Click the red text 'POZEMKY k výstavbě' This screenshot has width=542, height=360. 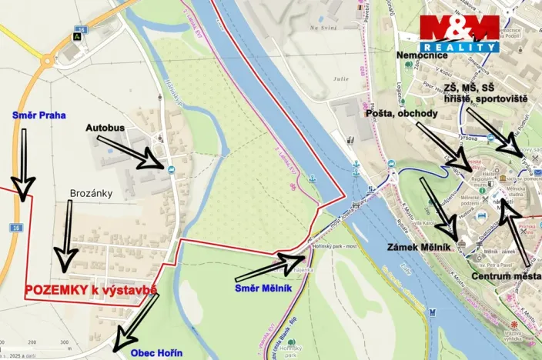91,290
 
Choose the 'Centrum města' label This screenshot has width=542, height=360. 506,275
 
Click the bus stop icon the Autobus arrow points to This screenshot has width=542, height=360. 169,168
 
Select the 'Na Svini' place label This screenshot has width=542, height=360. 324,28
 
